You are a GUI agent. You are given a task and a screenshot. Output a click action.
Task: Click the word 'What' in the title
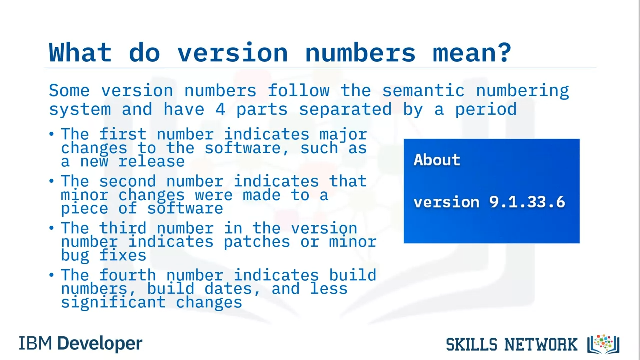coord(80,52)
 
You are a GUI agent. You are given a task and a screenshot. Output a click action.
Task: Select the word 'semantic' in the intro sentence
coord(423,91)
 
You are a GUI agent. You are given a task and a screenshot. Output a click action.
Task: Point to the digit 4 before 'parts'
coord(220,109)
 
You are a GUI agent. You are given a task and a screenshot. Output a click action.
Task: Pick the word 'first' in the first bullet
coord(123,134)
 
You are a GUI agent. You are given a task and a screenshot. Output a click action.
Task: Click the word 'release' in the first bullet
coord(151,161)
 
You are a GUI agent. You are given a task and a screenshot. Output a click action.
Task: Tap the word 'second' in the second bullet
coord(127,181)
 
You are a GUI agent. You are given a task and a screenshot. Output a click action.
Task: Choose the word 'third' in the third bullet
coord(123,228)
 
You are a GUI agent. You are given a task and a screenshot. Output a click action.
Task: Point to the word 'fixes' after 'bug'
coord(123,255)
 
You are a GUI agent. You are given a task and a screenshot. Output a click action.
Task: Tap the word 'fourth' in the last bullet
coord(127,275)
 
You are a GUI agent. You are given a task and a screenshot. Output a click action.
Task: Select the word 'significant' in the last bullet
coord(113,303)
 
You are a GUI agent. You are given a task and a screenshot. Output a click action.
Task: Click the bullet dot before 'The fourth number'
coord(51,275)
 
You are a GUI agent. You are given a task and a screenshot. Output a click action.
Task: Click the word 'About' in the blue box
coord(437,160)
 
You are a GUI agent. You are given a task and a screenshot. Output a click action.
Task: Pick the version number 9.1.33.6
coord(527,202)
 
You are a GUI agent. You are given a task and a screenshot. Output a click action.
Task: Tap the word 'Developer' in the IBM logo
coord(100,344)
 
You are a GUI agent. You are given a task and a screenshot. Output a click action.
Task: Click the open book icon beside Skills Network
coord(603,344)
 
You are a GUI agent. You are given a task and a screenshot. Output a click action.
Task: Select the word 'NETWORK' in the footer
coord(541,344)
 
